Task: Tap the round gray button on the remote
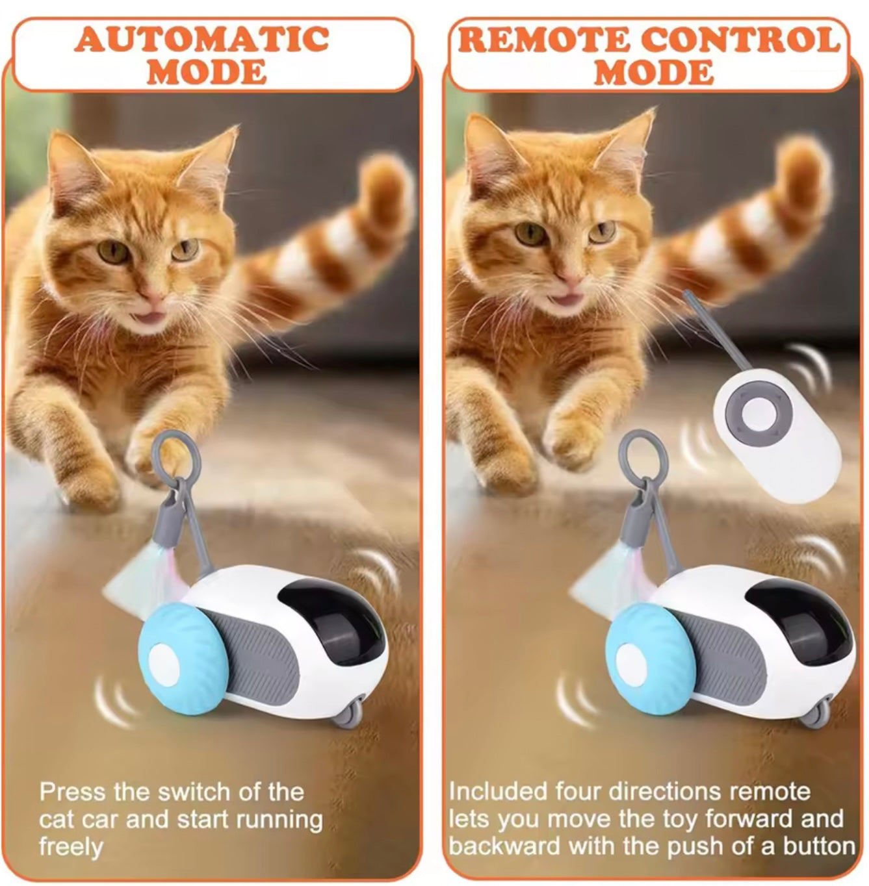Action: coord(758,414)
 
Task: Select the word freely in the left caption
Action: coord(71,848)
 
